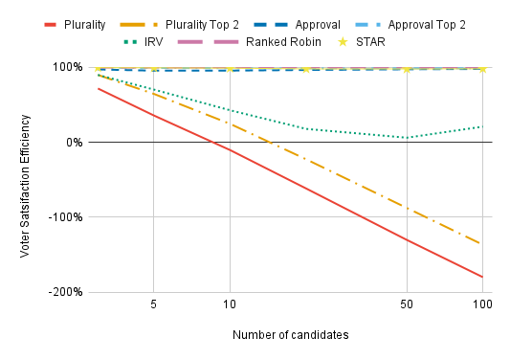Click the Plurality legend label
tap(84, 25)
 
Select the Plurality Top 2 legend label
tap(202, 25)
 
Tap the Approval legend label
tap(318, 25)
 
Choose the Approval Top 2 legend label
tap(427, 25)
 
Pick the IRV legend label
tap(153, 42)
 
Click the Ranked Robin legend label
tap(283, 42)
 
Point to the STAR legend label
tap(370, 42)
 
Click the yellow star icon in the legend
tap(343, 42)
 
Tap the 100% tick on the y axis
tap(68, 67)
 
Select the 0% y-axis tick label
tap(75, 143)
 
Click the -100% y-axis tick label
tap(65, 216)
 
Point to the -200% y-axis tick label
tap(65, 292)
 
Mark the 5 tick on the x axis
tap(153, 304)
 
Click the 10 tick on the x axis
tap(230, 304)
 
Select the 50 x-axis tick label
tap(407, 304)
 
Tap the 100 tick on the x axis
tap(482, 304)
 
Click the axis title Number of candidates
tap(291, 335)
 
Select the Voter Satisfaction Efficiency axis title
tap(25, 186)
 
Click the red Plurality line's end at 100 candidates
tap(482, 277)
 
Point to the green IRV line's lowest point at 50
tap(407, 138)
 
